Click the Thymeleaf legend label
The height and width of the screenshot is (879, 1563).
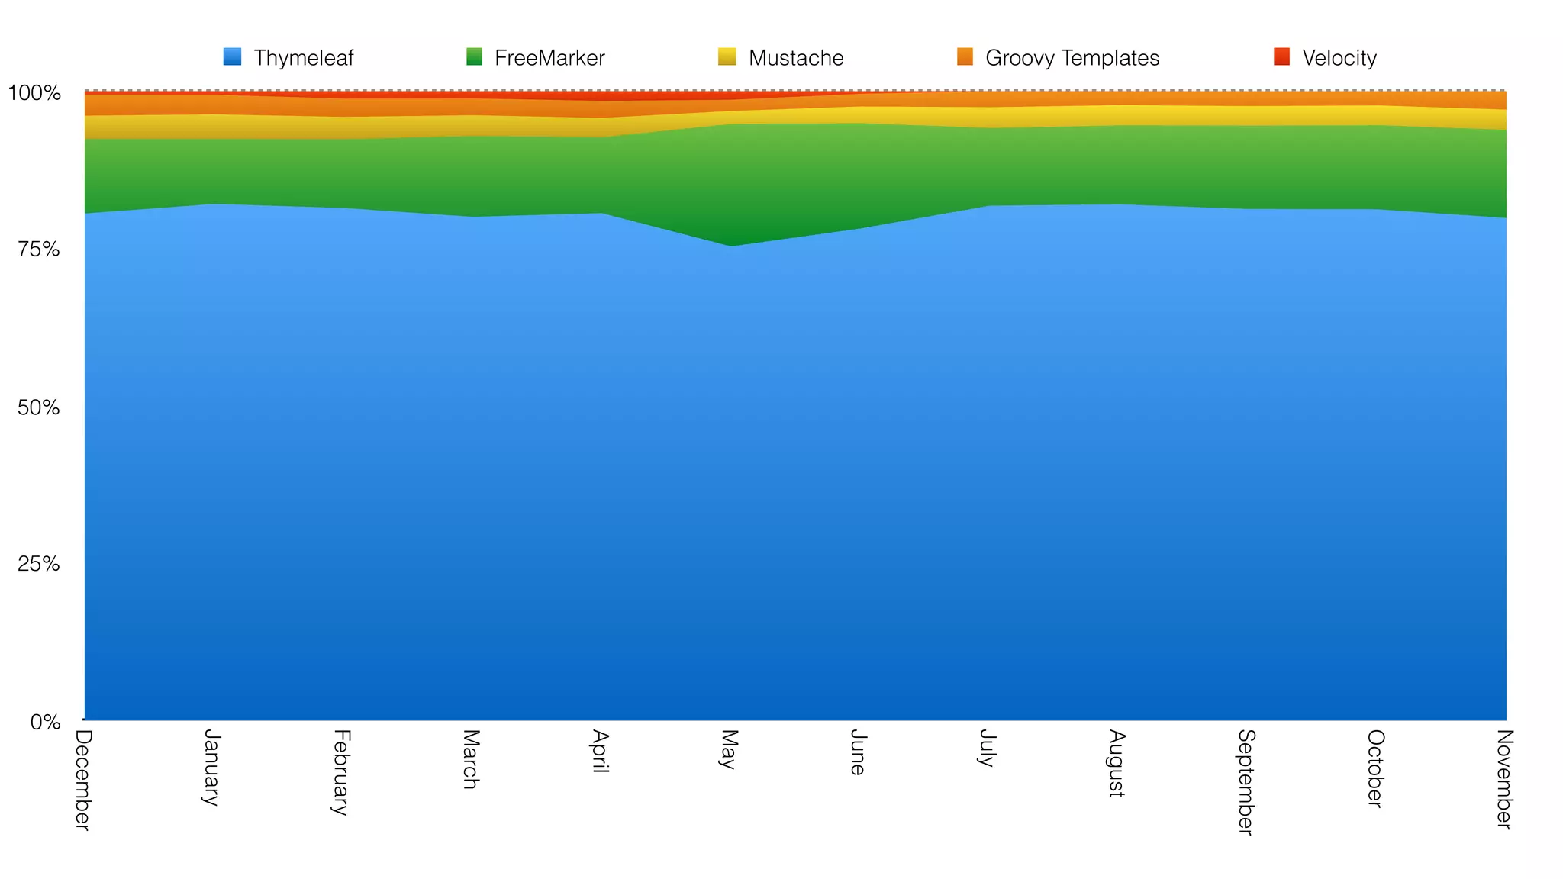[303, 58]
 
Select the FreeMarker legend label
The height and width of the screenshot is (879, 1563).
[549, 58]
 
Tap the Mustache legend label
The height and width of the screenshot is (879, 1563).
[795, 58]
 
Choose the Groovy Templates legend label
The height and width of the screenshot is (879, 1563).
[1072, 58]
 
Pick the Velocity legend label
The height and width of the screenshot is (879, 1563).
[1339, 58]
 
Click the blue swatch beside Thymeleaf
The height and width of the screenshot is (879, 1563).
[232, 56]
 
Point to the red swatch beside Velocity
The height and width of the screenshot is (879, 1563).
[1281, 56]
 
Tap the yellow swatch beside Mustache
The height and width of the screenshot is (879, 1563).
[727, 56]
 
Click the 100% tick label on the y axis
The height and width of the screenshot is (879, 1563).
[34, 94]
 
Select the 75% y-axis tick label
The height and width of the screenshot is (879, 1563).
[38, 250]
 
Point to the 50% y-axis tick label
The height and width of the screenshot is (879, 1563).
[38, 407]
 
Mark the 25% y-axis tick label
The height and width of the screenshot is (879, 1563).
[38, 565]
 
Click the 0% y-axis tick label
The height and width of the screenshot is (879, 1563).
[45, 722]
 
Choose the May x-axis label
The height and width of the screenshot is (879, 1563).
[729, 749]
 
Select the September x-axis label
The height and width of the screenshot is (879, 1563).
[1246, 782]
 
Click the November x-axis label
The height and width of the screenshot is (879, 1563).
[1504, 779]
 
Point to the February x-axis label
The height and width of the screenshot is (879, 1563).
[341, 772]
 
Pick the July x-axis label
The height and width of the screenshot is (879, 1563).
[988, 748]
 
